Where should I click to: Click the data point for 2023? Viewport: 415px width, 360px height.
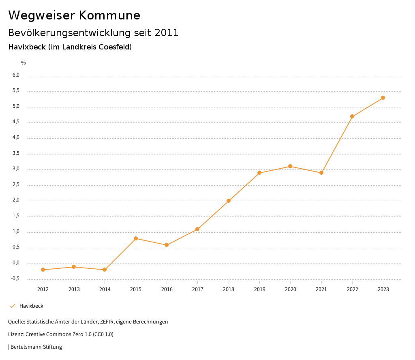click(x=383, y=98)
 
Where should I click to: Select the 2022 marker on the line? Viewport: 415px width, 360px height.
click(x=352, y=116)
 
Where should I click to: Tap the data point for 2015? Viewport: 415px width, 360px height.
click(x=136, y=238)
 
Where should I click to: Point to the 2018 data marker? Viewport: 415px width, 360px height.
click(x=229, y=201)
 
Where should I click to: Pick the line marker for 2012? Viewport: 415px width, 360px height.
click(x=43, y=270)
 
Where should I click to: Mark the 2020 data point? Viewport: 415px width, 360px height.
click(x=290, y=166)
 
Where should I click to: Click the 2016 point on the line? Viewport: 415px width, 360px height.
click(x=167, y=245)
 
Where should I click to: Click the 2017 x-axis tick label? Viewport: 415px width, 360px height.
click(x=197, y=289)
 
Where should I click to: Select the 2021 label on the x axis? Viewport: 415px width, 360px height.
click(x=321, y=289)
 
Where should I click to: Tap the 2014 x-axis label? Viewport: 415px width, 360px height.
click(x=105, y=289)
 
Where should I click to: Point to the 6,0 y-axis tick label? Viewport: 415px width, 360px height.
click(x=16, y=75)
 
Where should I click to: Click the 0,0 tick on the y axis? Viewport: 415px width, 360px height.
click(x=16, y=263)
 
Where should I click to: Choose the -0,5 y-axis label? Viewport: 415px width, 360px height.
click(x=15, y=279)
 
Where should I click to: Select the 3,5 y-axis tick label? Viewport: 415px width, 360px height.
click(x=16, y=154)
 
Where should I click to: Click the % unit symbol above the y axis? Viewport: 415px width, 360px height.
click(x=24, y=63)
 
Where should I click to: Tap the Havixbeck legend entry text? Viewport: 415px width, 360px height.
click(x=31, y=306)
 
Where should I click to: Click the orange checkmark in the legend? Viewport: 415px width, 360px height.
click(x=12, y=306)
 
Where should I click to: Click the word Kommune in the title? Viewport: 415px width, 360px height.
click(x=109, y=15)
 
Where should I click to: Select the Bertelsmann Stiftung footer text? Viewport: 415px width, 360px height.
click(x=36, y=347)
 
